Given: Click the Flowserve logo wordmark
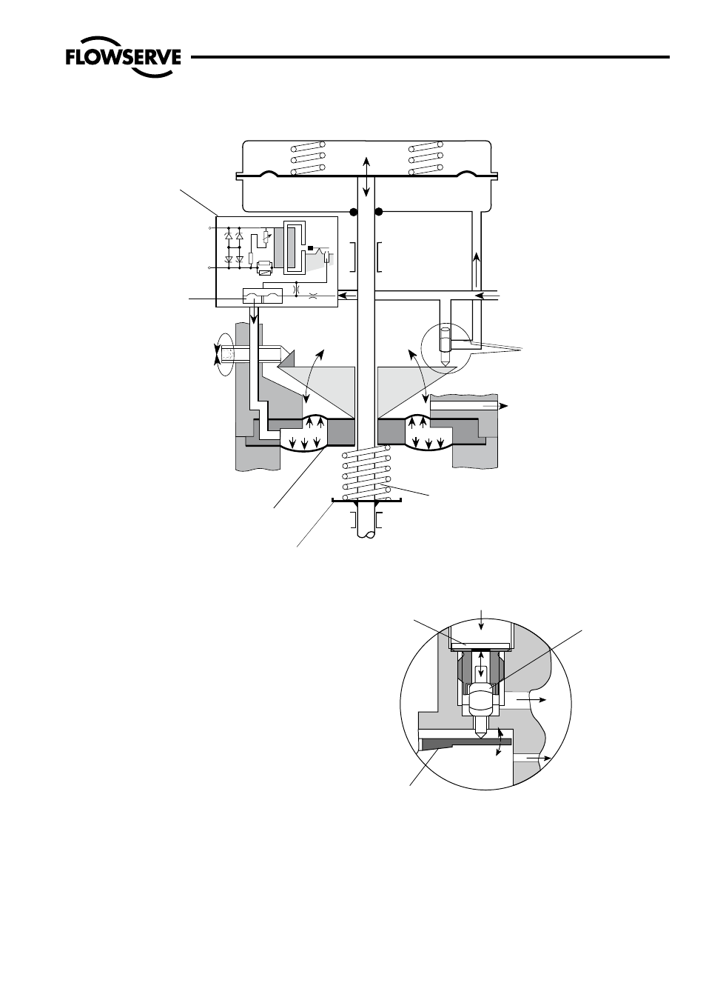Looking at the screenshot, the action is pyautogui.click(x=124, y=57).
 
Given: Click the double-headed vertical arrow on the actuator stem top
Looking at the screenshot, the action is pyautogui.click(x=366, y=177).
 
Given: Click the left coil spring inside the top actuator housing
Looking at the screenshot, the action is pyautogui.click(x=308, y=159).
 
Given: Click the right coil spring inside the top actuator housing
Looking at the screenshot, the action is pyautogui.click(x=426, y=159).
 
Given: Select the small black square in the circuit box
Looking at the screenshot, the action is pyautogui.click(x=310, y=247).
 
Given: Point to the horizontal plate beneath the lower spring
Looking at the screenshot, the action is pyautogui.click(x=366, y=501).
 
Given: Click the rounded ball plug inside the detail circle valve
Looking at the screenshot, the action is pyautogui.click(x=481, y=700).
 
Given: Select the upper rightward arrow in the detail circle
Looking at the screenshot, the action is pyautogui.click(x=531, y=700).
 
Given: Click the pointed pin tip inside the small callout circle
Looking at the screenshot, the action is pyautogui.click(x=445, y=361).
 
